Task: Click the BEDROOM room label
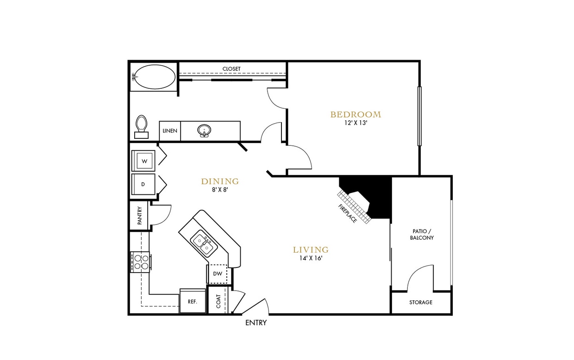pos(356,114)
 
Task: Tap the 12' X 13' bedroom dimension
pos(356,124)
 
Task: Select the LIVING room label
pos(311,250)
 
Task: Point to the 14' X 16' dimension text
pos(311,259)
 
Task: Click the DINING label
pos(220,181)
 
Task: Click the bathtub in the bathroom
pos(155,77)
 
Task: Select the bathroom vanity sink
pos(204,130)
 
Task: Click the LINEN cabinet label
pos(170,131)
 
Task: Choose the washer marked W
pos(144,161)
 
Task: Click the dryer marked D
pos(143,184)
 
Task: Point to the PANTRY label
pos(139,216)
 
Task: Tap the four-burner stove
pos(141,262)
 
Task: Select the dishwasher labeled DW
pos(217,274)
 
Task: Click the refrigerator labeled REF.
pos(193,301)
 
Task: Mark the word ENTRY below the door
pos(256,323)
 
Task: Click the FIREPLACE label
pos(348,213)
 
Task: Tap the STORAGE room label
pos(421,303)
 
